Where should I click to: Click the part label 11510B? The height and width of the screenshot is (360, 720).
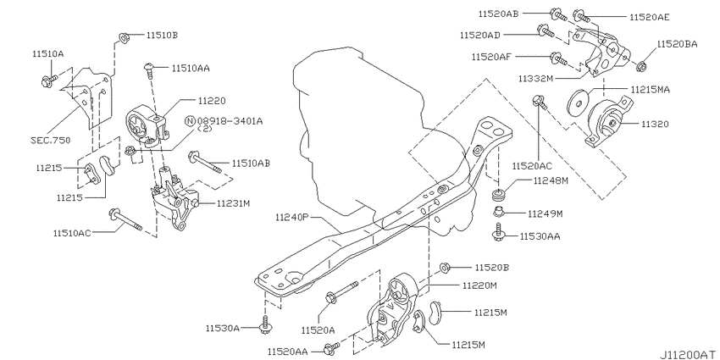(162, 35)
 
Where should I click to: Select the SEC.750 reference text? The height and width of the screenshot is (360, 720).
(52, 141)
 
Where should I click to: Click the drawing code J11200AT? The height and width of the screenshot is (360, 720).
(689, 355)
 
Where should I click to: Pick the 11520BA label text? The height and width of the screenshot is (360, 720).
(678, 44)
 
